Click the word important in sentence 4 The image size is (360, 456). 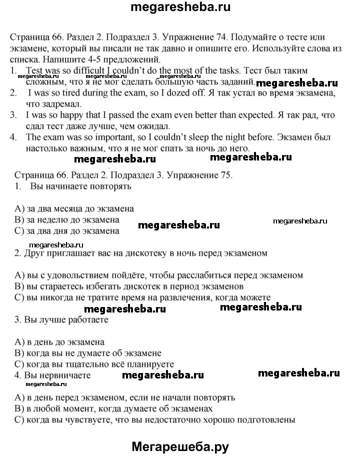pos(103,136)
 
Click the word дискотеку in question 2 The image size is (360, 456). pos(144,253)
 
